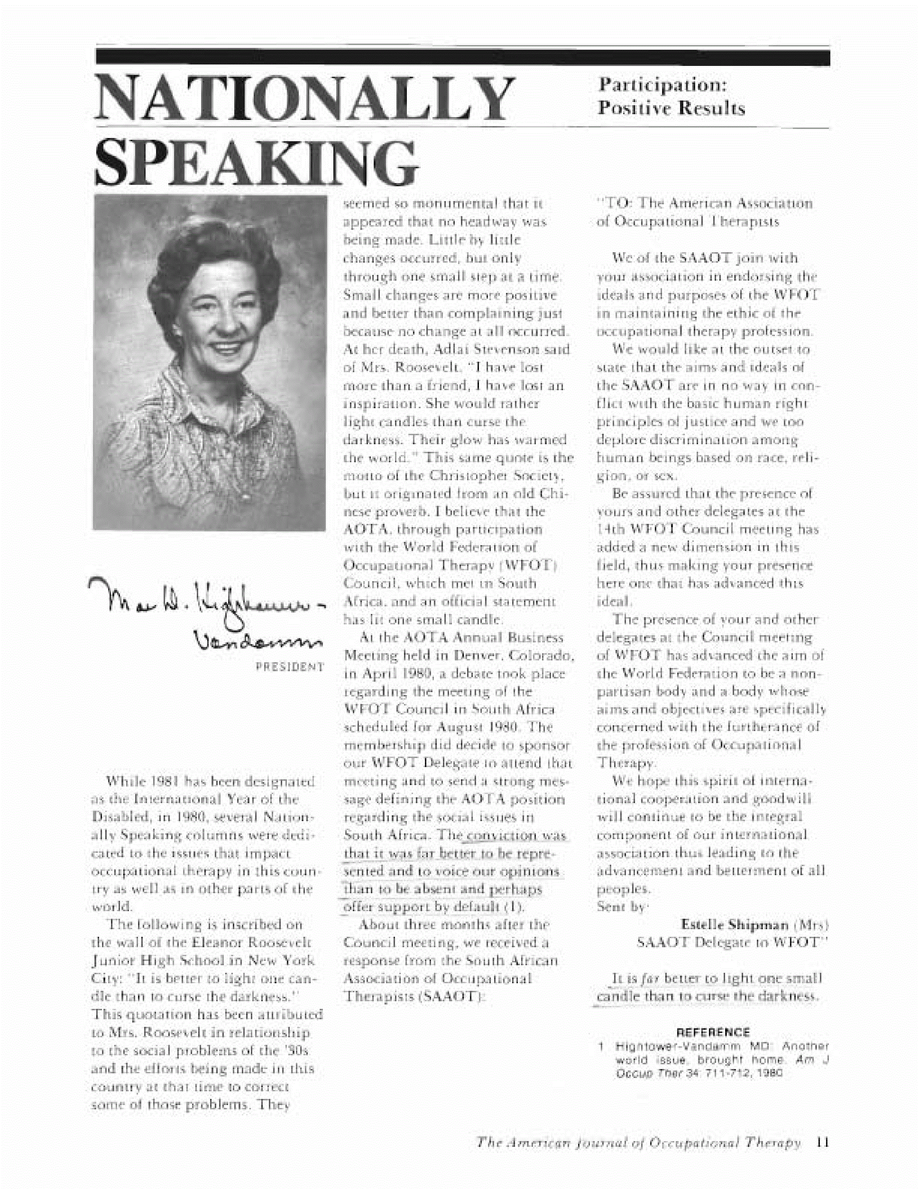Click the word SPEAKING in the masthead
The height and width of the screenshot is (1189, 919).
[x=256, y=162]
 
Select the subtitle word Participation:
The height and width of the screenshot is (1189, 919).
[x=663, y=85]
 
